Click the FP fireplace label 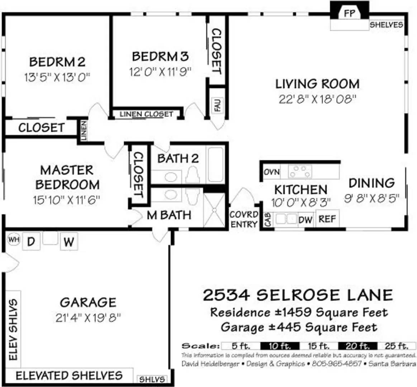pos(349,14)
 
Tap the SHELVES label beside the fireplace pos(386,25)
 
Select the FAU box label pos(217,105)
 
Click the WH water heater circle pos(14,240)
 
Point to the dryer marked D pos(31,242)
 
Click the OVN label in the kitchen pos(272,172)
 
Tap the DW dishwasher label pos(305,220)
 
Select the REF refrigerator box pos(327,219)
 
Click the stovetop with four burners pos(300,171)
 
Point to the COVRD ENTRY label pos(244,219)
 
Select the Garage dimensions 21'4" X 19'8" pos(88,317)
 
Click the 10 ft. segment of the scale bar pos(279,346)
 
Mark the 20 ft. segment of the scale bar pos(357,346)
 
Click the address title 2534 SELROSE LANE pos(298,295)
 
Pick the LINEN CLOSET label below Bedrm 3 pos(146,114)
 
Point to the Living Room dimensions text pos(317,99)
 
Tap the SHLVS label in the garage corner pos(152,379)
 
